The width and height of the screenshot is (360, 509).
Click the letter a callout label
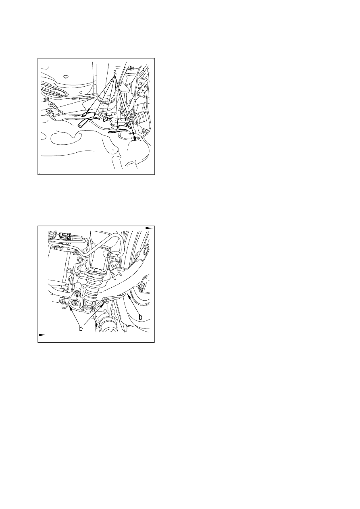point(115,72)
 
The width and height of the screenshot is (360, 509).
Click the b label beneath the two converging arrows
point(81,328)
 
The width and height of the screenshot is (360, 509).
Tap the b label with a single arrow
point(140,317)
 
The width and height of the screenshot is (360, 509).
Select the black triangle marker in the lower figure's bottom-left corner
point(42,335)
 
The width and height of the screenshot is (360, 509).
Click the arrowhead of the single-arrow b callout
point(128,295)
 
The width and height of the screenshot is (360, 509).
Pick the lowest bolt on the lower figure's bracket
point(74,303)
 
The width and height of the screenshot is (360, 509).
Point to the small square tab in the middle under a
point(106,119)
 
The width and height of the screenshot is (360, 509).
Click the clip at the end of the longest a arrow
point(135,138)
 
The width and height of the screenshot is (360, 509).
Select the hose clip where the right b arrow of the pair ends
point(105,301)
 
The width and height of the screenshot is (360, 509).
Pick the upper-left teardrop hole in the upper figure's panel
point(66,76)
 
